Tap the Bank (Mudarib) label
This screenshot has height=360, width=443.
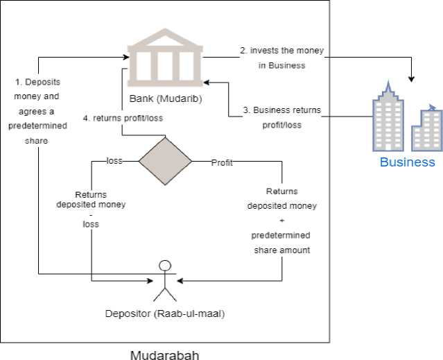(164, 98)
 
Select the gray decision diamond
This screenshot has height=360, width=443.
(165, 161)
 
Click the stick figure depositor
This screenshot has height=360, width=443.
(164, 281)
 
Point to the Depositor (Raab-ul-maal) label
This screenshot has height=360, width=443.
(165, 314)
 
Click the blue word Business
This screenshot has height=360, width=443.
(407, 162)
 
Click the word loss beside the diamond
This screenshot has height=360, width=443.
(114, 161)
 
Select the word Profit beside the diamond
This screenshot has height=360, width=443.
(222, 163)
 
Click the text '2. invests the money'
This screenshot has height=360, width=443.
(281, 51)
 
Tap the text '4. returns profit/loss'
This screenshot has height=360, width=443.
(123, 118)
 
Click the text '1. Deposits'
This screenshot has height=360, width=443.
(37, 82)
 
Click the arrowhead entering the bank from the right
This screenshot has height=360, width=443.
(207, 82)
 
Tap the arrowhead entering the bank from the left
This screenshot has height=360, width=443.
(124, 56)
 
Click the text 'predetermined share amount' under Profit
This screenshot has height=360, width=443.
(281, 243)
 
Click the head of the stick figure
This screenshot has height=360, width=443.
(164, 265)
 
